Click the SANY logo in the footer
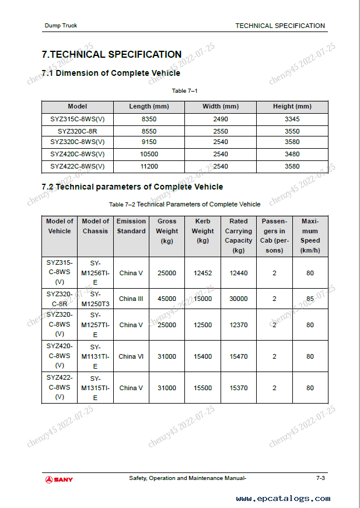tap(60, 479)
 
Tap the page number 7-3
tap(320, 478)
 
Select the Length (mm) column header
tap(149, 107)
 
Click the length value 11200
tap(149, 166)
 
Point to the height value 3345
tap(292, 119)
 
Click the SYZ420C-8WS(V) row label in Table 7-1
tap(77, 155)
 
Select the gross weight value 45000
tap(167, 299)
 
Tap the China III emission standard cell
tap(131, 299)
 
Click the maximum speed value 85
tap(310, 299)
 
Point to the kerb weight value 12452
tap(202, 273)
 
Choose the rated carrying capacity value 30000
tap(238, 299)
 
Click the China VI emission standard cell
tap(131, 356)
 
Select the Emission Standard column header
tap(131, 226)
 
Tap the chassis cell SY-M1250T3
tap(95, 299)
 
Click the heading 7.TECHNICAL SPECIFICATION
tap(111, 55)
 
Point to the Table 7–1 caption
tap(184, 91)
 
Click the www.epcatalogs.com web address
tap(283, 499)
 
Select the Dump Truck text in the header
tap(61, 26)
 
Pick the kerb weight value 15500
tap(202, 388)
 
